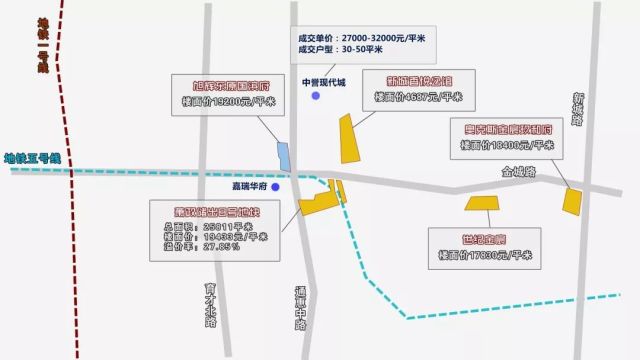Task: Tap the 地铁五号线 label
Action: pyautogui.click(x=33, y=158)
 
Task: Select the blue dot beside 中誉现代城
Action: pyautogui.click(x=314, y=97)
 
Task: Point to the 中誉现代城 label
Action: pyautogui.click(x=322, y=82)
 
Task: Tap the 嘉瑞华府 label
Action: pyautogui.click(x=243, y=186)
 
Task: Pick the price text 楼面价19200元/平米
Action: pyautogui.click(x=226, y=103)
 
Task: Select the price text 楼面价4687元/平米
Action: pyautogui.click(x=419, y=98)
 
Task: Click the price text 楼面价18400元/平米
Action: pyautogui.click(x=505, y=145)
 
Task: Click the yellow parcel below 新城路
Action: pyautogui.click(x=572, y=201)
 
